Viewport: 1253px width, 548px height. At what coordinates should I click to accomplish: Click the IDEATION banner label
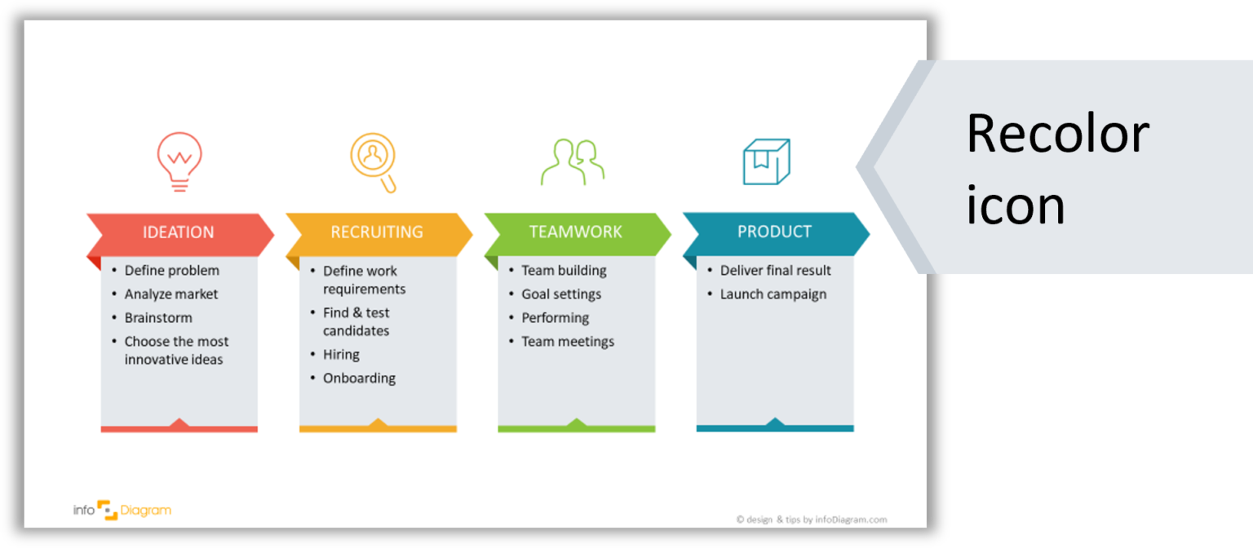[178, 232]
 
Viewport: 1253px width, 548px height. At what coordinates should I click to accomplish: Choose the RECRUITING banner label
[376, 232]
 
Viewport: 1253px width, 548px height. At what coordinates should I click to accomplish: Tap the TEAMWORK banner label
[576, 232]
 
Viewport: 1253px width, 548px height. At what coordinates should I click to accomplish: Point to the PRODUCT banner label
[774, 231]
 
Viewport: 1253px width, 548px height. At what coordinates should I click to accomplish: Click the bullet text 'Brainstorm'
[158, 317]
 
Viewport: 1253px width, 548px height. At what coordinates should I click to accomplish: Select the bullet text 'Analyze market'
[171, 294]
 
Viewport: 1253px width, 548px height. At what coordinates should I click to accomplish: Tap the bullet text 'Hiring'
[341, 355]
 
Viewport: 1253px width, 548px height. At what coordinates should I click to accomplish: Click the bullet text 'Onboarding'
[359, 378]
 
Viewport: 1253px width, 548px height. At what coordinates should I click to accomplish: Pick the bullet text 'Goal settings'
[561, 294]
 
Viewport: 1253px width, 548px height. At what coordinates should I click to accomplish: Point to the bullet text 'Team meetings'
[568, 341]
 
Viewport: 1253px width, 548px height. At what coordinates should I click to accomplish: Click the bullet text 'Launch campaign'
[773, 294]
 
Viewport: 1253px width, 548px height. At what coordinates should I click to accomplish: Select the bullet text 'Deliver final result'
[775, 270]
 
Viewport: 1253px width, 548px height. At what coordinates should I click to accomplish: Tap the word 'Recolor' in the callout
[1058, 134]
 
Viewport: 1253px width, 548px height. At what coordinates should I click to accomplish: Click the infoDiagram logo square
[108, 510]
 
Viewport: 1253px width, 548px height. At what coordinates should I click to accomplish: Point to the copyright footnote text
[812, 519]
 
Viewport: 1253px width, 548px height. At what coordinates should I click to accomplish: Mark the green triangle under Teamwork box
[576, 422]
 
